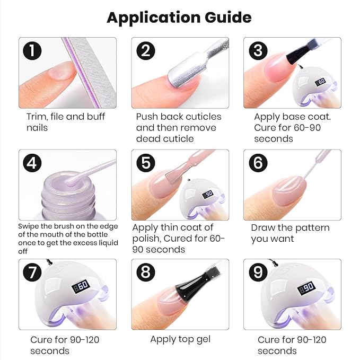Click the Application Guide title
click(x=179, y=17)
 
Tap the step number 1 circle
click(x=33, y=51)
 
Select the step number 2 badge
click(x=145, y=51)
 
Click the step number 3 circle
click(x=258, y=51)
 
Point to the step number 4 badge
click(x=33, y=163)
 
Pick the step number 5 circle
click(x=145, y=163)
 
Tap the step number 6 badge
click(x=258, y=163)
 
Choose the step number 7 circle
click(x=33, y=273)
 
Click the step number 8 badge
click(x=145, y=273)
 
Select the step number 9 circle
click(x=258, y=273)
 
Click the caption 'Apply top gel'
click(x=180, y=339)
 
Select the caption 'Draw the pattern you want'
click(x=290, y=233)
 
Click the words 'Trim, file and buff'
click(x=66, y=117)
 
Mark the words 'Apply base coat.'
click(x=292, y=117)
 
